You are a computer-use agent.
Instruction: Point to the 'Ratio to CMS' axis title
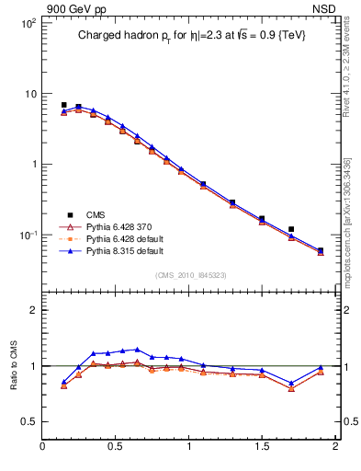tap(14, 364)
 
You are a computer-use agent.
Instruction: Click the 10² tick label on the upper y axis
tap(28, 23)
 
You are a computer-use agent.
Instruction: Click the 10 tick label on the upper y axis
tap(29, 94)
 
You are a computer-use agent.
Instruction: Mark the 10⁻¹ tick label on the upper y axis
tap(28, 235)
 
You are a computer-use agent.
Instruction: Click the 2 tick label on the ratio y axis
tap(33, 310)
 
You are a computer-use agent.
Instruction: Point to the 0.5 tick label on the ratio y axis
tap(29, 421)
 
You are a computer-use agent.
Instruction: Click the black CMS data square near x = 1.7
tap(291, 229)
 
